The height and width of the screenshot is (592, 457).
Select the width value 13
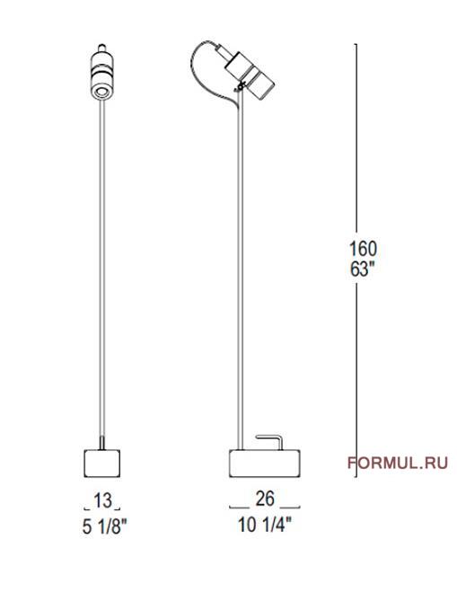[x=101, y=499]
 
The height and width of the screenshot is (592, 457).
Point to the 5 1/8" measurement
[x=101, y=526]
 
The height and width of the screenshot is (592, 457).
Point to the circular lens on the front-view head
[x=101, y=89]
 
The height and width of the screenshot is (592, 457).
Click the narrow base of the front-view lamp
[x=101, y=462]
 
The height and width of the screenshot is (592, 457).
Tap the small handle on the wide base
[x=268, y=439]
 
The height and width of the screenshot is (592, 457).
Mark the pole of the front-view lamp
[x=101, y=269]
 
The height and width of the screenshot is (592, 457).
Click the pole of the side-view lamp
[x=239, y=269]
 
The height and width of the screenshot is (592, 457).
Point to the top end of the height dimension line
[x=356, y=44]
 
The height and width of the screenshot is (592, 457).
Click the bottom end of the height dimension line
[x=356, y=477]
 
